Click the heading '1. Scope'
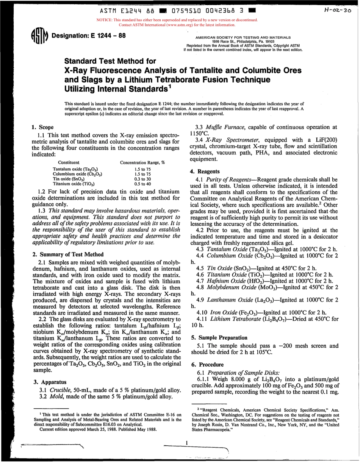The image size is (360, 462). (42, 127)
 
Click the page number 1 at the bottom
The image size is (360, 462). (186, 442)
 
